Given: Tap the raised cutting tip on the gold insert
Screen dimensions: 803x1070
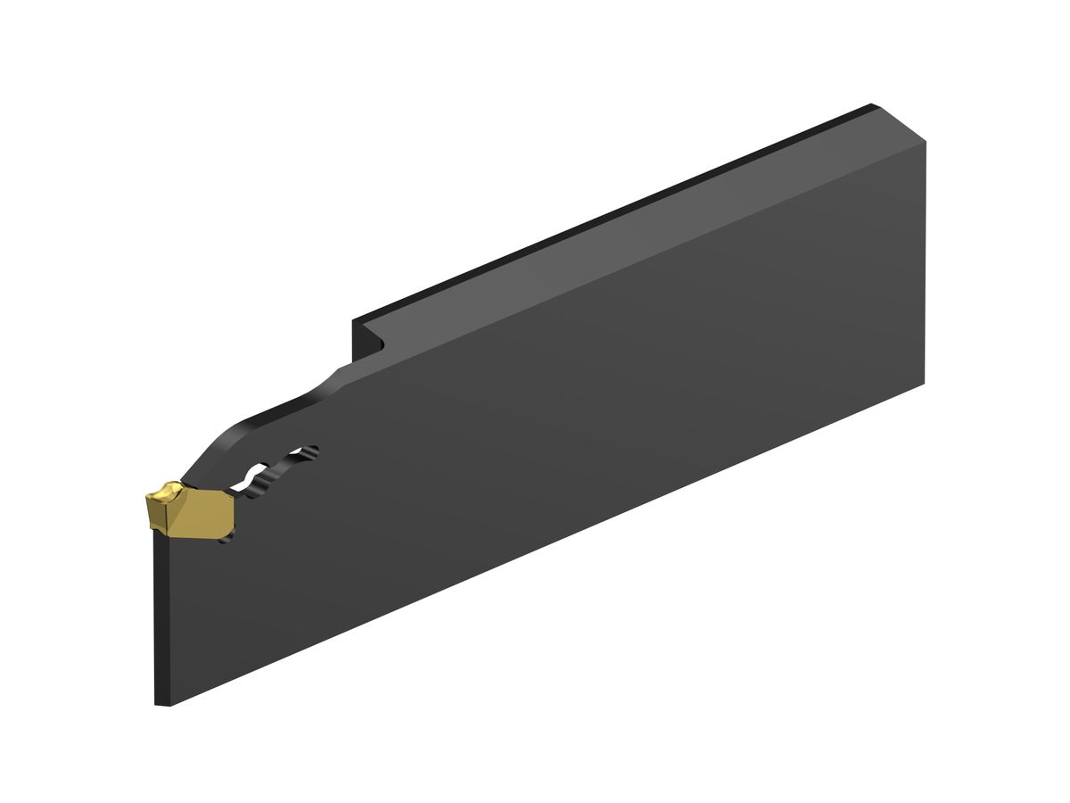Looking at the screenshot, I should [166, 491].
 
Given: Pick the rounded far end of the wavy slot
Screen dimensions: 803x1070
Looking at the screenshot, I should [312, 451].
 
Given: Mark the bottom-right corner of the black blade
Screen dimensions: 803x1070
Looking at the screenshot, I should [924, 383].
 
